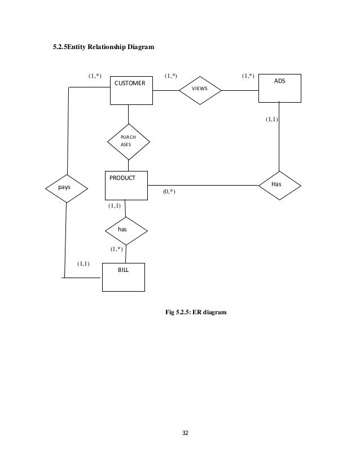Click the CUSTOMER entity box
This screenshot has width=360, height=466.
pos(130,90)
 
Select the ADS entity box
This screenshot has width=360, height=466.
pos(279,89)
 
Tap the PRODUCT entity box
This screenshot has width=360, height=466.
pos(126,185)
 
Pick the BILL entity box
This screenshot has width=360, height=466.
pos(123,277)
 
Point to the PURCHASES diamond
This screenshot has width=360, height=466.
pos(129,141)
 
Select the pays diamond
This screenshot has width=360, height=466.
pos(66,187)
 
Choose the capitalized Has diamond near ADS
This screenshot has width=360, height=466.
pos(279,184)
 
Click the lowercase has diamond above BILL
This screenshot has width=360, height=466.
pos(126,230)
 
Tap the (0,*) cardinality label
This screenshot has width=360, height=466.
pos(169,192)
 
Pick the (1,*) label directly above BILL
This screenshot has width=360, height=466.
pos(117,248)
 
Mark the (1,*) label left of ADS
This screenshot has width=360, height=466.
pos(248,75)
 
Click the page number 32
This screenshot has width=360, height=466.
pos(185,433)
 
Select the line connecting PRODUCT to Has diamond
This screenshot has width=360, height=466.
pos(203,184)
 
